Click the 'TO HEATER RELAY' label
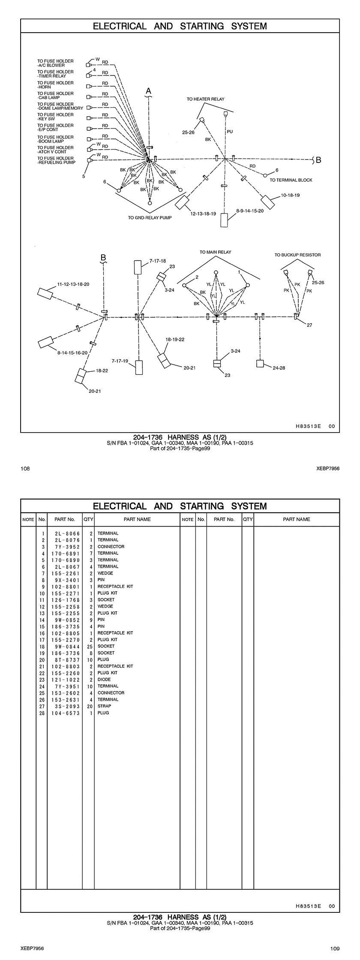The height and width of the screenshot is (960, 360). pyautogui.click(x=205, y=99)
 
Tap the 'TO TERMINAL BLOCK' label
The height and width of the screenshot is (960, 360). pyautogui.click(x=291, y=180)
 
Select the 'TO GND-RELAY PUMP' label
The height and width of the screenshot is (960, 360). pyautogui.click(x=150, y=218)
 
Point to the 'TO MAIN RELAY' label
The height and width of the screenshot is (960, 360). pyautogui.click(x=215, y=252)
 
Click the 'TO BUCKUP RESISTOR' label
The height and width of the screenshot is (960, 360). pyautogui.click(x=297, y=255)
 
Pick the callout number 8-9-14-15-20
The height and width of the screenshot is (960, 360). pyautogui.click(x=250, y=211)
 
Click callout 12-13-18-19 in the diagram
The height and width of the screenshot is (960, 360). pyautogui.click(x=203, y=213)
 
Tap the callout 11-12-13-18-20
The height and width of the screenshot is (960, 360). pyautogui.click(x=73, y=284)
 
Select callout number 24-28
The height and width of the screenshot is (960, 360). pyautogui.click(x=279, y=367)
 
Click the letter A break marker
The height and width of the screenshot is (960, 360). pyautogui.click(x=149, y=91)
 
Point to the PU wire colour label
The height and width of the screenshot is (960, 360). pyautogui.click(x=230, y=132)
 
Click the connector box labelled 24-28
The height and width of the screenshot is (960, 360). pyautogui.click(x=260, y=363)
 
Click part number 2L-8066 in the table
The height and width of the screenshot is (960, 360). pyautogui.click(x=67, y=533)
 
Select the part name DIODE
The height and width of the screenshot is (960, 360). pyautogui.click(x=104, y=680)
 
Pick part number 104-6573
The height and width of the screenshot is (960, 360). pyautogui.click(x=67, y=713)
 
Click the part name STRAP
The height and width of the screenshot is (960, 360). pyautogui.click(x=104, y=706)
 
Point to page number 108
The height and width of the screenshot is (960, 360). pyautogui.click(x=25, y=469)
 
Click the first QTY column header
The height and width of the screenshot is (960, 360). pyautogui.click(x=88, y=519)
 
